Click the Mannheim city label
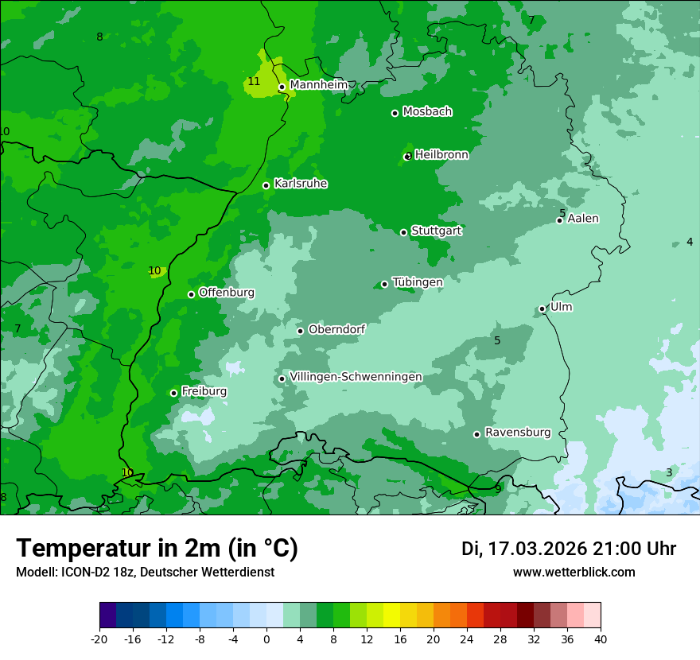click(318, 84)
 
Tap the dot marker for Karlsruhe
click(266, 185)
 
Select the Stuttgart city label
click(436, 231)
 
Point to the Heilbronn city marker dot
click(408, 156)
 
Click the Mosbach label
click(427, 112)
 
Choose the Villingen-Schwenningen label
click(356, 377)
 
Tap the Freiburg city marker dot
click(173, 393)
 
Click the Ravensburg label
click(517, 433)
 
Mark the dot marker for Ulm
click(542, 309)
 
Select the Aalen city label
click(583, 219)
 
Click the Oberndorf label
click(336, 329)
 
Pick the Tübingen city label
click(417, 282)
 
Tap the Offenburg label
click(227, 293)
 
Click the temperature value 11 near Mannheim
click(254, 81)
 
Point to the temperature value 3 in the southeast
click(669, 472)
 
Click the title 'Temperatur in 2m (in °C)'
click(157, 548)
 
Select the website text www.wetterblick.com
click(574, 572)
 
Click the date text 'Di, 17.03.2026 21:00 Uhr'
click(569, 549)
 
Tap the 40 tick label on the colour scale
click(600, 639)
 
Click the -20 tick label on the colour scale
click(99, 639)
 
